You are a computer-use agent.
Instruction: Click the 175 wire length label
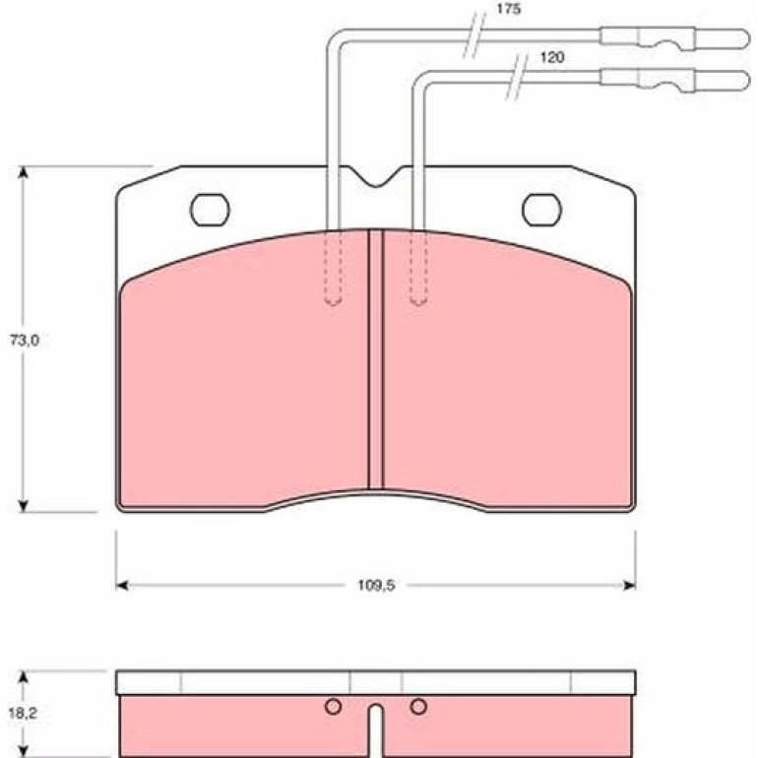pyautogui.click(x=509, y=9)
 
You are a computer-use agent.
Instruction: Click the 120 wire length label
pyautogui.click(x=551, y=58)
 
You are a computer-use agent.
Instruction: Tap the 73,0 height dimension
pyautogui.click(x=25, y=341)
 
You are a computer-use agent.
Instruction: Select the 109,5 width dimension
pyautogui.click(x=376, y=586)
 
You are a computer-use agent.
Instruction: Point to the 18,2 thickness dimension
pyautogui.click(x=23, y=713)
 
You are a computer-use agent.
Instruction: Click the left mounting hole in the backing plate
pyautogui.click(x=210, y=210)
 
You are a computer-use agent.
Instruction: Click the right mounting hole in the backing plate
pyautogui.click(x=541, y=210)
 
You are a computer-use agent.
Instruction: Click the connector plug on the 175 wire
pyautogui.click(x=675, y=38)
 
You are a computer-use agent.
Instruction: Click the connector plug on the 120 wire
pyautogui.click(x=675, y=80)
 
